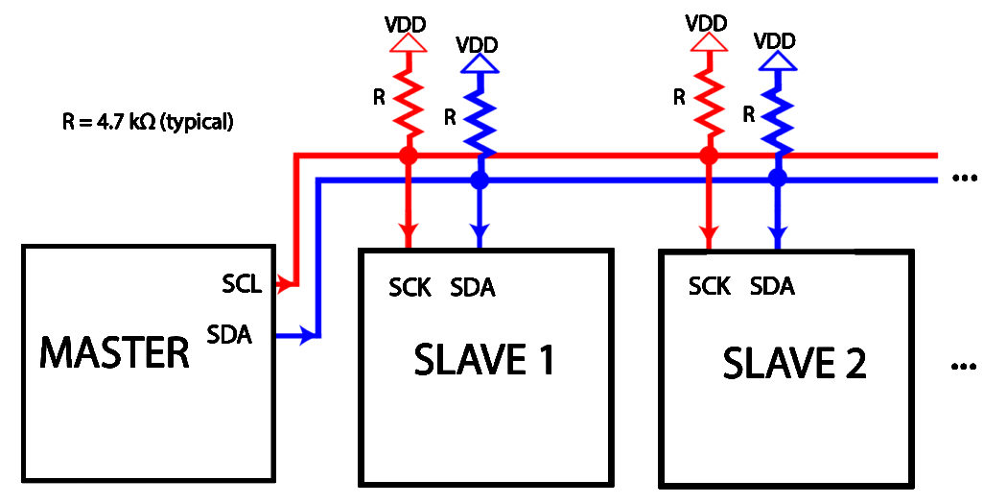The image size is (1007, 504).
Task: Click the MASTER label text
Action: click(114, 353)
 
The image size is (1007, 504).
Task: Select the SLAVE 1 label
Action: click(484, 361)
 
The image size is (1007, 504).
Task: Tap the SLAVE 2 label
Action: click(794, 364)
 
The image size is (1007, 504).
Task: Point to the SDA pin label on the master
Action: click(229, 334)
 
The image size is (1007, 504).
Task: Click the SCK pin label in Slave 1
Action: click(410, 287)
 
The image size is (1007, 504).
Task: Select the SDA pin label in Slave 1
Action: click(473, 287)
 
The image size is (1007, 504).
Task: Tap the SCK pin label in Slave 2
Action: click(710, 285)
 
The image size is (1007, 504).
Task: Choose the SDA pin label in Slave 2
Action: click(772, 285)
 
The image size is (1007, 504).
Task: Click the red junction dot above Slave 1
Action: click(409, 154)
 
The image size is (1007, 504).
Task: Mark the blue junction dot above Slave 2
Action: click(778, 178)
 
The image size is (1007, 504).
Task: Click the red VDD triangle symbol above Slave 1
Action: click(409, 40)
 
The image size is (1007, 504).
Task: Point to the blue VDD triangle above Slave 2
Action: click(778, 61)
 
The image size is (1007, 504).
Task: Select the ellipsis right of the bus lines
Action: click(964, 179)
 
